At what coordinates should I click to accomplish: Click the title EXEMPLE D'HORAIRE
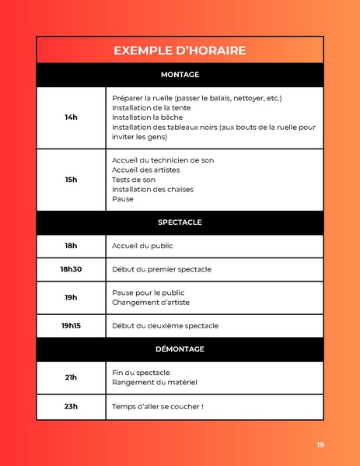coord(180,51)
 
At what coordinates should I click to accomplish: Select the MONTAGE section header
coord(180,75)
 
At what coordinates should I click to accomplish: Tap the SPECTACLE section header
coord(180,222)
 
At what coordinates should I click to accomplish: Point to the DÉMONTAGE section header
coord(180,349)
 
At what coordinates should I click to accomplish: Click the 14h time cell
coord(71,117)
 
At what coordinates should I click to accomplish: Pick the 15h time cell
coord(71,180)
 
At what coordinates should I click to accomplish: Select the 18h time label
coord(71,246)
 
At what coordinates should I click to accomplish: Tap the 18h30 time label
coord(71,269)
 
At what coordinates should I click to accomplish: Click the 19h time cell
coord(71,297)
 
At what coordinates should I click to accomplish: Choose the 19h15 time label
coord(71,326)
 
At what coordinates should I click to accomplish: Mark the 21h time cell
coord(71,377)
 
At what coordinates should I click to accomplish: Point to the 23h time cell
coord(71,407)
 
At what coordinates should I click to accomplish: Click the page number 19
coord(320,445)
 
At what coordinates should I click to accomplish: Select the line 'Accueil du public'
coord(142,246)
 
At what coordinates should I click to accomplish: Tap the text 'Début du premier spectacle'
coord(162,269)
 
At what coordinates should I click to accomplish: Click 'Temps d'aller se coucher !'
coord(158,407)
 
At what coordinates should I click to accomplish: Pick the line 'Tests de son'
coord(134,180)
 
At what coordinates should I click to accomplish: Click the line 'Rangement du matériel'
coord(155,382)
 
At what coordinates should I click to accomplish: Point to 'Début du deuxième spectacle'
coord(165,326)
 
